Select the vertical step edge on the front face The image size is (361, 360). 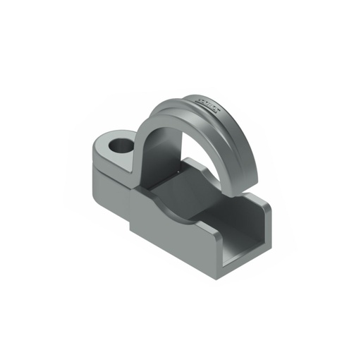130,212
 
